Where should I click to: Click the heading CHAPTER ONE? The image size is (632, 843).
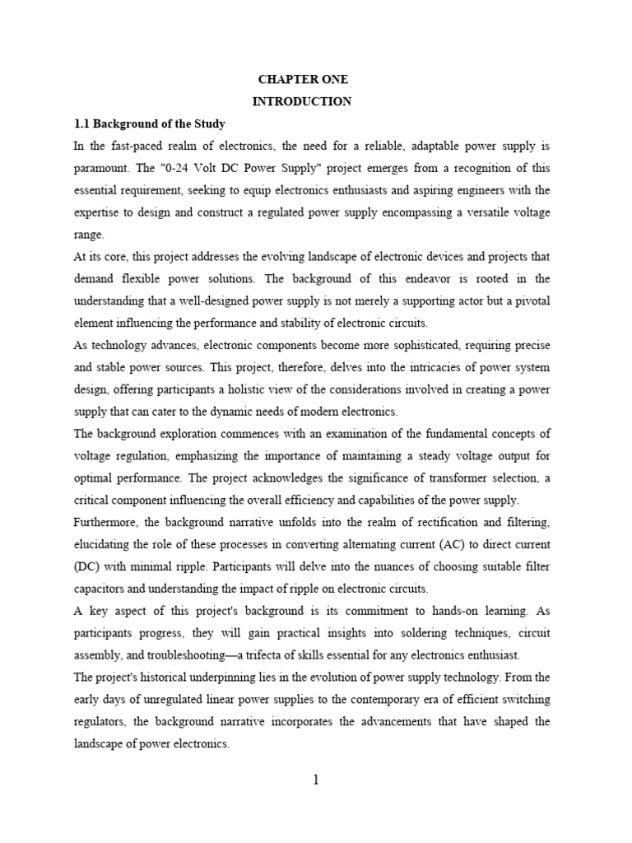[304, 80]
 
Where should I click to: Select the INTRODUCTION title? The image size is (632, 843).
[304, 102]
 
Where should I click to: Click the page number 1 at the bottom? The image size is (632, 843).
[315, 780]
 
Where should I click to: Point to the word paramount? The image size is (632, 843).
[101, 168]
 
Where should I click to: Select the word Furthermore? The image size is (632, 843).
[107, 523]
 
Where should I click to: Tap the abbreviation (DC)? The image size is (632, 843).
[87, 567]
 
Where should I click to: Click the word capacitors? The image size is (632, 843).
[102, 589]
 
